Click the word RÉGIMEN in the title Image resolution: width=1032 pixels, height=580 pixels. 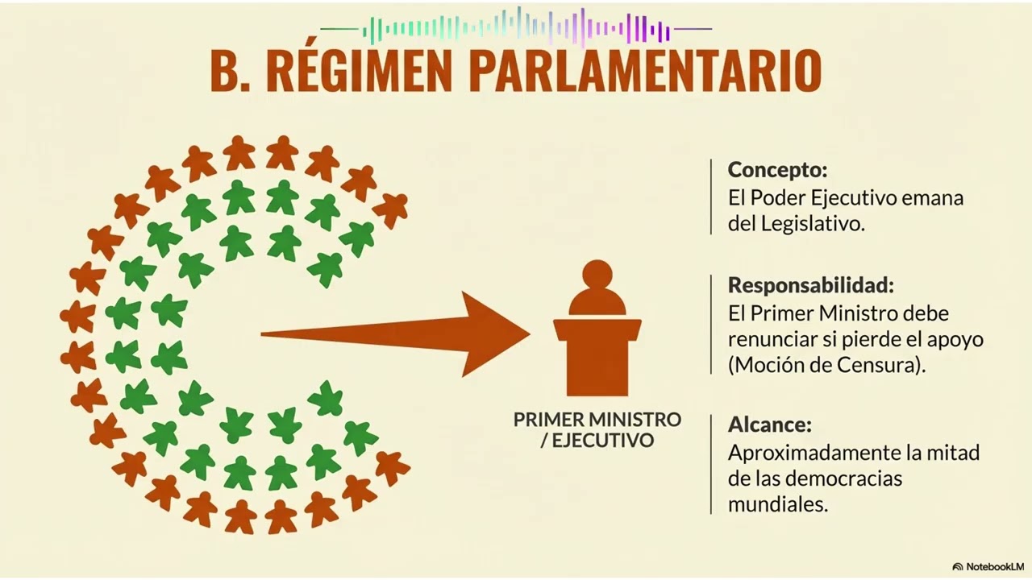coord(359,69)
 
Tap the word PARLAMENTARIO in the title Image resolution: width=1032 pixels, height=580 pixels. coord(645,70)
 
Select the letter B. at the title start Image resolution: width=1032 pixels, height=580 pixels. coord(230,70)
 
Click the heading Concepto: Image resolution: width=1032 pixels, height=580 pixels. coord(778,170)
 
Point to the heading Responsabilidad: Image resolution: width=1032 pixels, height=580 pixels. coord(811,285)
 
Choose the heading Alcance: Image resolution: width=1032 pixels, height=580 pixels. coord(769,425)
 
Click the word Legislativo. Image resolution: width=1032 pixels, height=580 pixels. coord(813,224)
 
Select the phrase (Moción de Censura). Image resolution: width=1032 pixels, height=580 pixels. coord(827,366)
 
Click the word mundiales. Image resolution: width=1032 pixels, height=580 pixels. coord(778,505)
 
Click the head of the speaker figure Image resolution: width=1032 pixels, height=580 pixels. coord(597,275)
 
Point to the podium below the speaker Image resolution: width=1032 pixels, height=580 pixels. coord(597,357)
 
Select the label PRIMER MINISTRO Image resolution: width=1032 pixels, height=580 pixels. coord(597,420)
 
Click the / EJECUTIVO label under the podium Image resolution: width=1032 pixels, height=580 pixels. coord(597,441)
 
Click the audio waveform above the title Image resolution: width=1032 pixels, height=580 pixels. coord(516,27)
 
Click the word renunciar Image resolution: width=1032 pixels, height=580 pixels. coord(772,340)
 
